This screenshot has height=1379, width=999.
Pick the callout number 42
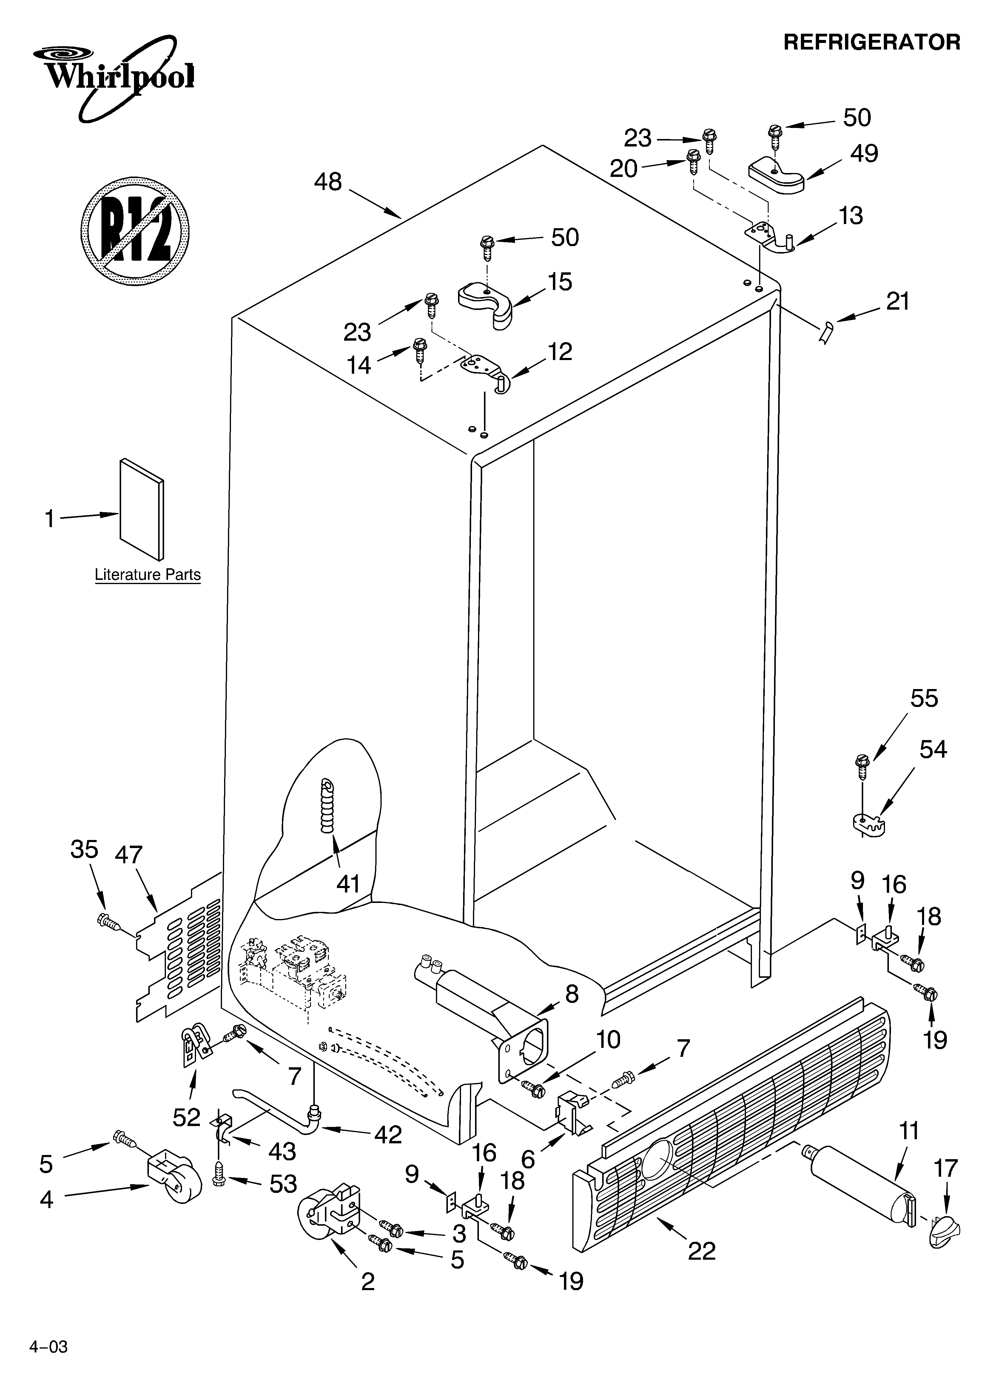(388, 1135)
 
